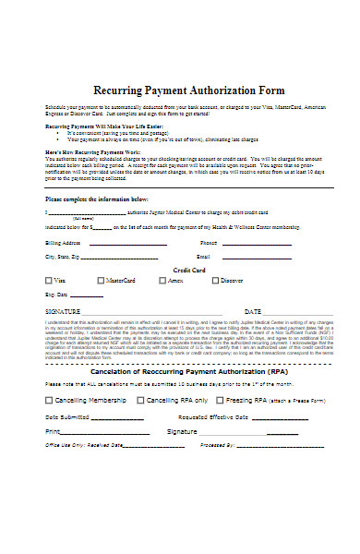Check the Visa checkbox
click(x=49, y=279)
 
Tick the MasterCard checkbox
click(x=101, y=279)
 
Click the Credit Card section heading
click(x=188, y=270)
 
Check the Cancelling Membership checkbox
click(x=49, y=400)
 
